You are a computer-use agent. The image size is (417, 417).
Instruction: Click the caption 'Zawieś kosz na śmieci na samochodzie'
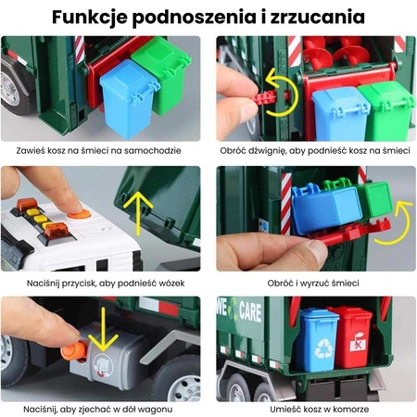click(104, 150)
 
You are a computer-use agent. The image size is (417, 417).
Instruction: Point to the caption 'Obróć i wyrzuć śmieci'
click(313, 281)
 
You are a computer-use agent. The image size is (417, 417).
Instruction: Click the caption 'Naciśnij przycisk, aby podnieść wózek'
click(104, 281)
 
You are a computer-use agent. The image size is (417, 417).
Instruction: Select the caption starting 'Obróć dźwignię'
click(313, 150)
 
